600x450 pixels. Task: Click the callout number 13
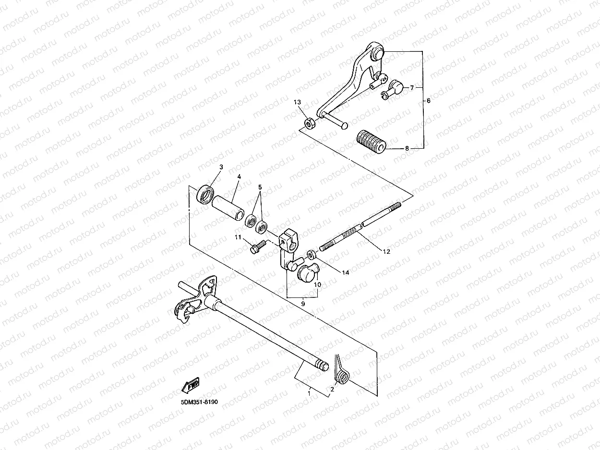point(297,102)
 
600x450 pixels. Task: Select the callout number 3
point(221,167)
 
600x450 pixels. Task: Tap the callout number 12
point(386,251)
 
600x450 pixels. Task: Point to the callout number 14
point(346,272)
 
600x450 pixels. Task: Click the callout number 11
point(238,237)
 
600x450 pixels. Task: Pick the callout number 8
point(407,149)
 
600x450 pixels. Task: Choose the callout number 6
point(429,101)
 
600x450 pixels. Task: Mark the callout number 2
point(332,389)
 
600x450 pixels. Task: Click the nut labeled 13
point(310,123)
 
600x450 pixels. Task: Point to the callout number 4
point(239,177)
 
